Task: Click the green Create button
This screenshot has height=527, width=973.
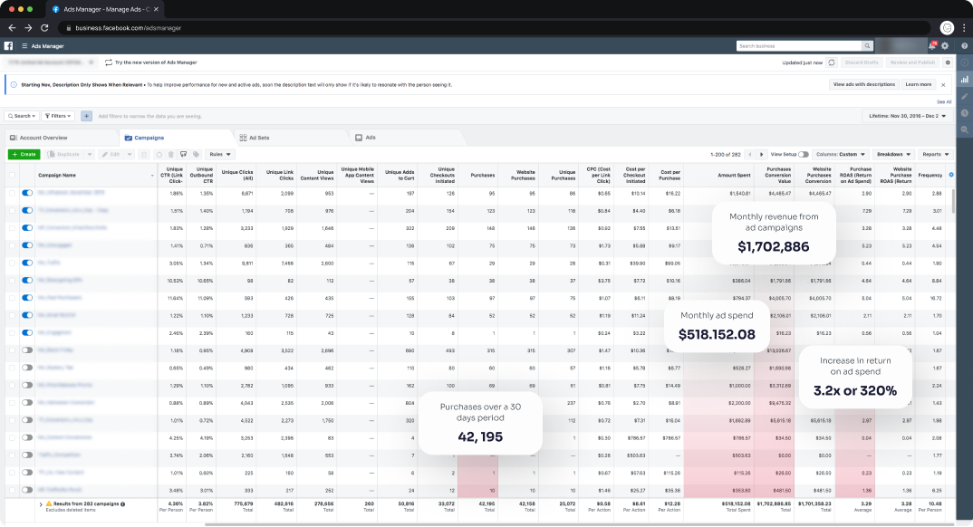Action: (x=24, y=154)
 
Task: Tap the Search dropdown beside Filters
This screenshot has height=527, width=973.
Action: (x=22, y=116)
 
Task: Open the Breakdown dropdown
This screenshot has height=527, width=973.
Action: (x=893, y=154)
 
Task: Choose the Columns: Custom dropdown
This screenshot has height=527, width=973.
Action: (x=842, y=154)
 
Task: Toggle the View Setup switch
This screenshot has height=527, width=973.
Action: (x=804, y=155)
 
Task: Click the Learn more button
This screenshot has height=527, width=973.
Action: (x=918, y=84)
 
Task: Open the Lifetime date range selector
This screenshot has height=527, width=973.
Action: (x=905, y=116)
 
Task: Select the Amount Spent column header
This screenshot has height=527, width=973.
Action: (x=733, y=175)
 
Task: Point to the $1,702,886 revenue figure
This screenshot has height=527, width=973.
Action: (x=773, y=246)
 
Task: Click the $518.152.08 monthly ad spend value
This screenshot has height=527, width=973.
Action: (x=717, y=334)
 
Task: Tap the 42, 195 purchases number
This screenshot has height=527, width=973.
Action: (x=480, y=437)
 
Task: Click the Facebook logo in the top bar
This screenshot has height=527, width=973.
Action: (x=8, y=45)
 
